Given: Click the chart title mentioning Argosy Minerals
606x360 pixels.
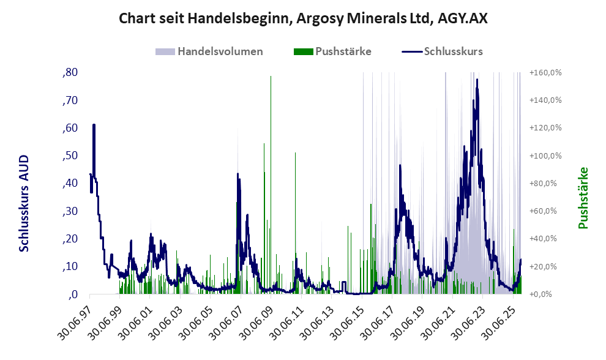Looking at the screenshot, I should [303, 19].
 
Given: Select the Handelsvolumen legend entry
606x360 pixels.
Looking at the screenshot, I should [220, 51].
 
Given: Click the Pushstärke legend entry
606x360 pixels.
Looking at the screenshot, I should [342, 51].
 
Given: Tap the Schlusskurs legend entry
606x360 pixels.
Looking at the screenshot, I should [453, 51].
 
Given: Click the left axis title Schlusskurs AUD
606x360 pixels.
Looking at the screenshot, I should [24, 203].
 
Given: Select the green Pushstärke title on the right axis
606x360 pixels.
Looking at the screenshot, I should [583, 198].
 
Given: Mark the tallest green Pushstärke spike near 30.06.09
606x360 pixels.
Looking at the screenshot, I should [271, 77].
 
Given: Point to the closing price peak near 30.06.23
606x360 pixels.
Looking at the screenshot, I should [476, 81].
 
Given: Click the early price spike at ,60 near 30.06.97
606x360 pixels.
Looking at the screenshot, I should [94, 126].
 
